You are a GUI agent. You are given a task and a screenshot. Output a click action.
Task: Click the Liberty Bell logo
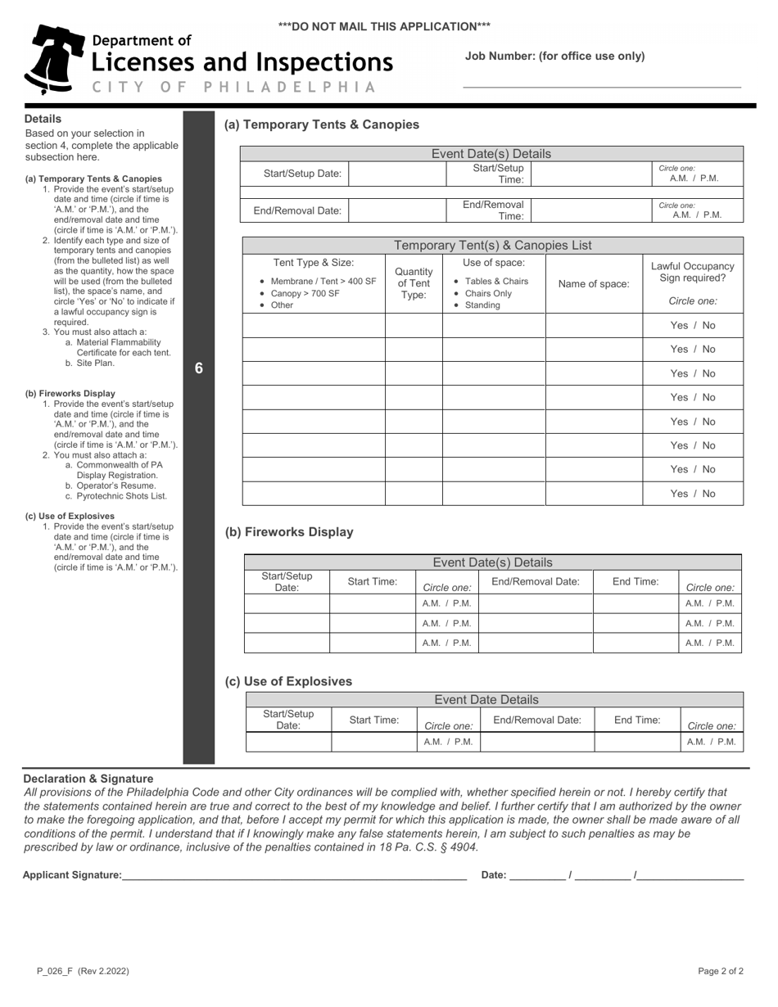[54, 59]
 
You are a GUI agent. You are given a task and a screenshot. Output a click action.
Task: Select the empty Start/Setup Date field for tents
[397, 174]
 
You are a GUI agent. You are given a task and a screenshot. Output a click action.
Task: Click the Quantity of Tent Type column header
[414, 283]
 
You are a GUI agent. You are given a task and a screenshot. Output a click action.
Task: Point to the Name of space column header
[594, 284]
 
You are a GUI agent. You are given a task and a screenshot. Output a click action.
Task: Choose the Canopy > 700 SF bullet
[305, 293]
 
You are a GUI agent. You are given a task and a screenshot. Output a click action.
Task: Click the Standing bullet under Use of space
[482, 305]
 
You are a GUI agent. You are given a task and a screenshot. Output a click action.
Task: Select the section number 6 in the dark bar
[199, 368]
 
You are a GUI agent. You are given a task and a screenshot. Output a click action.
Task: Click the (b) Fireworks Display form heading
[289, 532]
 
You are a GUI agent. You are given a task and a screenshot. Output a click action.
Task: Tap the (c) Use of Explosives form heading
[288, 681]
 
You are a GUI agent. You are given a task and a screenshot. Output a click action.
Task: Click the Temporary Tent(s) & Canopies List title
[492, 246]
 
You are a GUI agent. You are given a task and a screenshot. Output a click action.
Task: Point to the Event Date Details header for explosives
[486, 699]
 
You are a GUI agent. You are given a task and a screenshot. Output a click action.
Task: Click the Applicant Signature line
[294, 875]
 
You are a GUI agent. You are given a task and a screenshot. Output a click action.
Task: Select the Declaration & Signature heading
[88, 779]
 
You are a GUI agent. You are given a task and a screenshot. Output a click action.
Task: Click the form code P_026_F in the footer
[54, 971]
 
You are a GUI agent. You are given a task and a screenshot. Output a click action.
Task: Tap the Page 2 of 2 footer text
[721, 971]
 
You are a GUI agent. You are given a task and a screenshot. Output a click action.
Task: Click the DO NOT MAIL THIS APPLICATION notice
[384, 26]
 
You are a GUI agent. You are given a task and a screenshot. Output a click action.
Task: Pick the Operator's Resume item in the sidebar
[115, 485]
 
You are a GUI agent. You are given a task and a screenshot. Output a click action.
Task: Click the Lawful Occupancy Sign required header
[692, 273]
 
